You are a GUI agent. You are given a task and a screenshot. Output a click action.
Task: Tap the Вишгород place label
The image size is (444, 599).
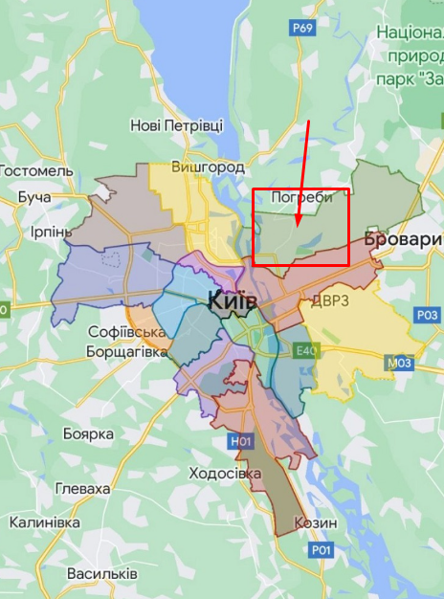tap(208, 166)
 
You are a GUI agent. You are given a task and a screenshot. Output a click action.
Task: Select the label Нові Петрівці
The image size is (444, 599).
tap(176, 125)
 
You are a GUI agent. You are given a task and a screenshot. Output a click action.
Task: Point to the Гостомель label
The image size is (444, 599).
tap(35, 169)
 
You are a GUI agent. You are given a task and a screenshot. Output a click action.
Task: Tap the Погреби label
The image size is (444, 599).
tap(301, 197)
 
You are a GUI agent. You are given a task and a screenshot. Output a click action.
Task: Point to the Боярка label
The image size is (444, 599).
tap(88, 433)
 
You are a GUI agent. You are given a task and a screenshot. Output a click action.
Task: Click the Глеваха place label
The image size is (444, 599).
tap(82, 488)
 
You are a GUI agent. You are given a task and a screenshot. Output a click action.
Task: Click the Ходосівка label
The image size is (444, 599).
tap(225, 474)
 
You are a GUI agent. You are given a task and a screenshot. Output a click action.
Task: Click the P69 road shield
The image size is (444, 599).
tap(303, 29)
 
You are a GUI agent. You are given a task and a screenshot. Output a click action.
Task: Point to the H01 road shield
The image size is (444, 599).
tap(241, 441)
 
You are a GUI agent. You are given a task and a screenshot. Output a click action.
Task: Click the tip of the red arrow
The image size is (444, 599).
tap(298, 228)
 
